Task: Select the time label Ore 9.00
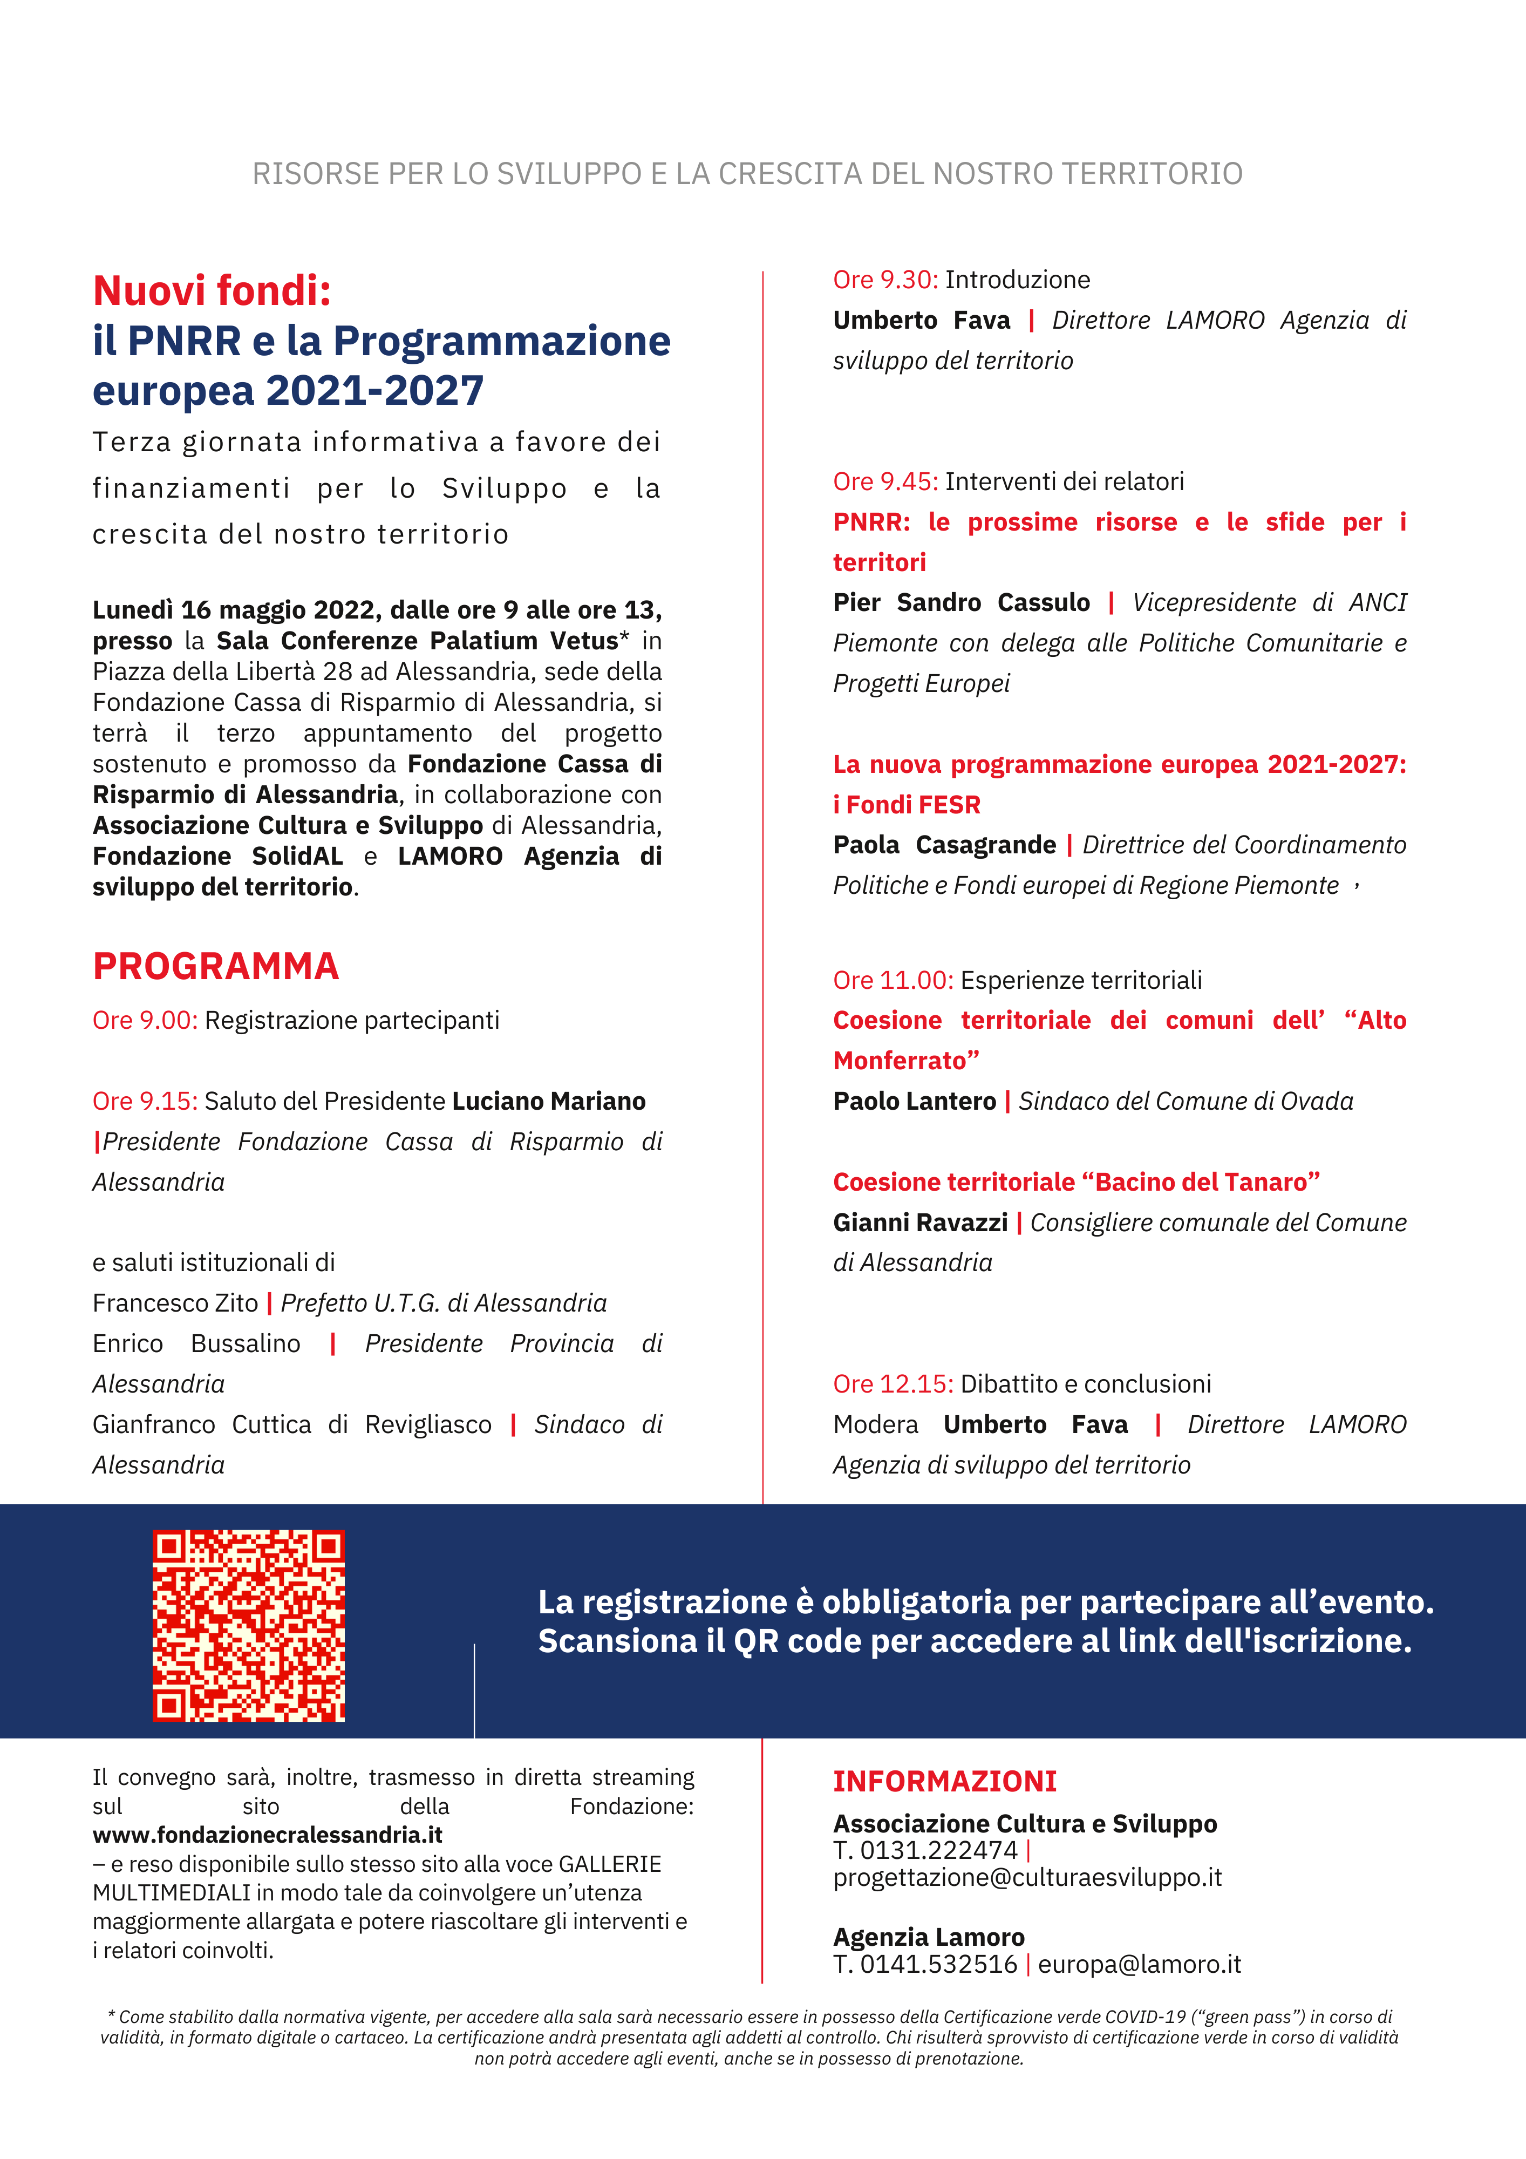(145, 1020)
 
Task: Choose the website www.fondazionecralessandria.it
(267, 1835)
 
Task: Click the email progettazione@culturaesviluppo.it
(1027, 1878)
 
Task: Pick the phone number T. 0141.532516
(924, 1964)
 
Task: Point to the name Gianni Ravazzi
(919, 1223)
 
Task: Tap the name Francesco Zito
(175, 1303)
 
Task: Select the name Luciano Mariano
(548, 1101)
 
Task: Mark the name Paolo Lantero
(914, 1101)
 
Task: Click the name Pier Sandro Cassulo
(961, 603)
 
